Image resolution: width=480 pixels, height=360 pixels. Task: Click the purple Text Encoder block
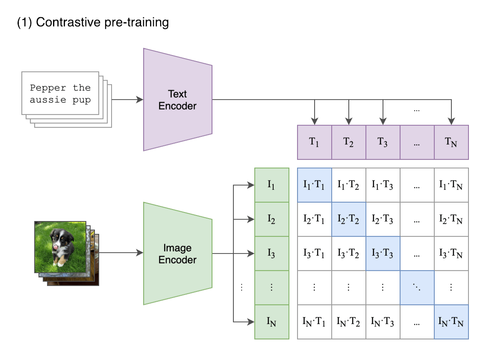[x=177, y=100]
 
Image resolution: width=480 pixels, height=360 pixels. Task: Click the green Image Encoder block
[x=177, y=254]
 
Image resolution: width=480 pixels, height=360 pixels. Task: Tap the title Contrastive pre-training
[x=93, y=22]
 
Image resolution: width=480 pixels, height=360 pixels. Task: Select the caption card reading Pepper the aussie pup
[x=60, y=93]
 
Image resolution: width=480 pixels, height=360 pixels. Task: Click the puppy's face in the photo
[x=56, y=237]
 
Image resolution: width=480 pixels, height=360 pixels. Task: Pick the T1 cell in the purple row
[x=314, y=142]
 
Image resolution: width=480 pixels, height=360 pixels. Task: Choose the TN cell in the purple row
[x=451, y=142]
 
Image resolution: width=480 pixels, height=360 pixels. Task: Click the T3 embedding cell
[x=383, y=142]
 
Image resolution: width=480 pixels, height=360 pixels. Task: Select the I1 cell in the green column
[x=271, y=185]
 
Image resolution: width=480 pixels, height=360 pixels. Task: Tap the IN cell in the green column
[x=271, y=322]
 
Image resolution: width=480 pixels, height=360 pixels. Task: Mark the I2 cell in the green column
[x=271, y=219]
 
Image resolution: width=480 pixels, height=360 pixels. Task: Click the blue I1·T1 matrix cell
[x=314, y=185]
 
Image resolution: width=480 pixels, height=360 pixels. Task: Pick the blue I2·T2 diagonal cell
[x=348, y=219]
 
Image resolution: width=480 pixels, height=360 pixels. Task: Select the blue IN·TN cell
[x=451, y=322]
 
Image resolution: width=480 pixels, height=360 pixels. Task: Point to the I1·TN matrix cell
[x=451, y=185]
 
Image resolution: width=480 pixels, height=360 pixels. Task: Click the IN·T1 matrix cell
[x=314, y=322]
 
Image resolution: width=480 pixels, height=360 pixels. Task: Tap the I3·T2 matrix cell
[x=348, y=253]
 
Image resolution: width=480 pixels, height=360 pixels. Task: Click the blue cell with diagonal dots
[x=417, y=287]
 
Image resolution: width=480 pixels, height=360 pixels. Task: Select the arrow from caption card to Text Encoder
[x=127, y=100]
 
